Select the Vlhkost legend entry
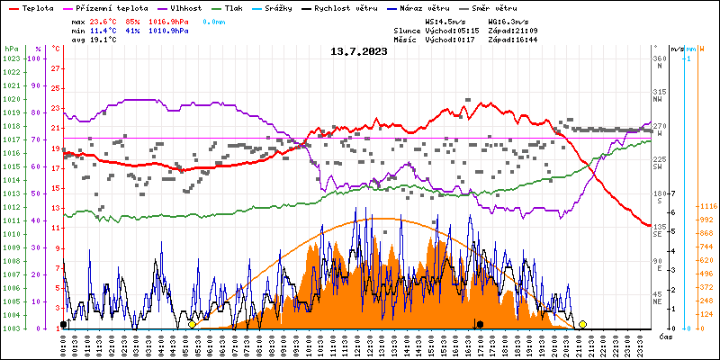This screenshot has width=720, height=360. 182,7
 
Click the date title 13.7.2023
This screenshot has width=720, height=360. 359,51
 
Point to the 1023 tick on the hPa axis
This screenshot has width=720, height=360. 11,58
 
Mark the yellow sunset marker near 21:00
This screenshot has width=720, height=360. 583,324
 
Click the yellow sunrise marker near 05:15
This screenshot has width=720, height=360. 192,324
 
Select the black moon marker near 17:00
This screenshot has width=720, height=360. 481,324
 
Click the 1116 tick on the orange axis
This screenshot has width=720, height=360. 705,207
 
